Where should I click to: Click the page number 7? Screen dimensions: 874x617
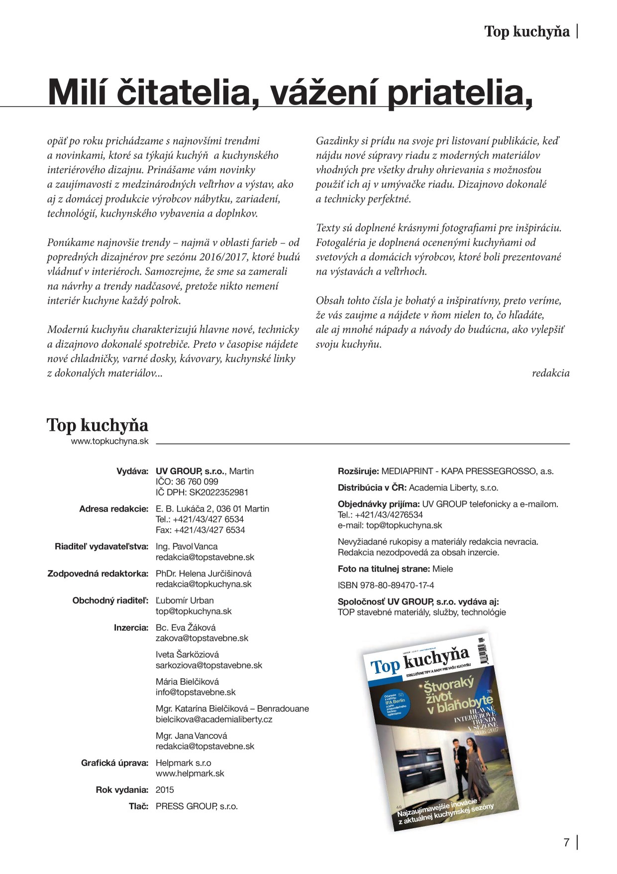(x=566, y=843)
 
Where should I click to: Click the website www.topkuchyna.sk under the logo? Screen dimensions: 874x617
(x=109, y=441)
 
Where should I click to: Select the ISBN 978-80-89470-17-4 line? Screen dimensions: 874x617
(x=386, y=585)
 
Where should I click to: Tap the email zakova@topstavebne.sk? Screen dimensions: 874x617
(x=202, y=638)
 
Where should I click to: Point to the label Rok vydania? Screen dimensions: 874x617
(x=122, y=790)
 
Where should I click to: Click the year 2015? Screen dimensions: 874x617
(x=165, y=790)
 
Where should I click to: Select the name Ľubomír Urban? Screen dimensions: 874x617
(x=185, y=601)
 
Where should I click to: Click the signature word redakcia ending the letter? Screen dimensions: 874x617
(x=550, y=373)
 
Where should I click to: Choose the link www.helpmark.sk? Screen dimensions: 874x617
(x=190, y=773)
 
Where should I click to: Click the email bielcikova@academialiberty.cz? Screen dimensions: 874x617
(x=214, y=719)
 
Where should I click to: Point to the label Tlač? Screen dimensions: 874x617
(x=138, y=806)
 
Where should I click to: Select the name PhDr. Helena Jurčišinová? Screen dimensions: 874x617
(x=204, y=574)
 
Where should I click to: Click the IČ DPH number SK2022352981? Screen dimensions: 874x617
(x=202, y=492)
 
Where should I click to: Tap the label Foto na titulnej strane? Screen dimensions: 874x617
(x=384, y=569)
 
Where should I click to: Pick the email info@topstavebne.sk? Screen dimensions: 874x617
(x=196, y=692)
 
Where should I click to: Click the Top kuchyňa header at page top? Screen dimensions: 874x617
(x=526, y=31)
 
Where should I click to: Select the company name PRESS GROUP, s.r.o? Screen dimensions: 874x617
(x=197, y=806)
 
